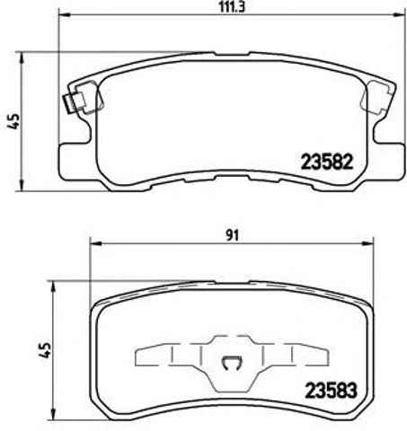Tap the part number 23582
pos(319,164)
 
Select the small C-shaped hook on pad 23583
pos(230,363)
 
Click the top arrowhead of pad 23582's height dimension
pos(27,60)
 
